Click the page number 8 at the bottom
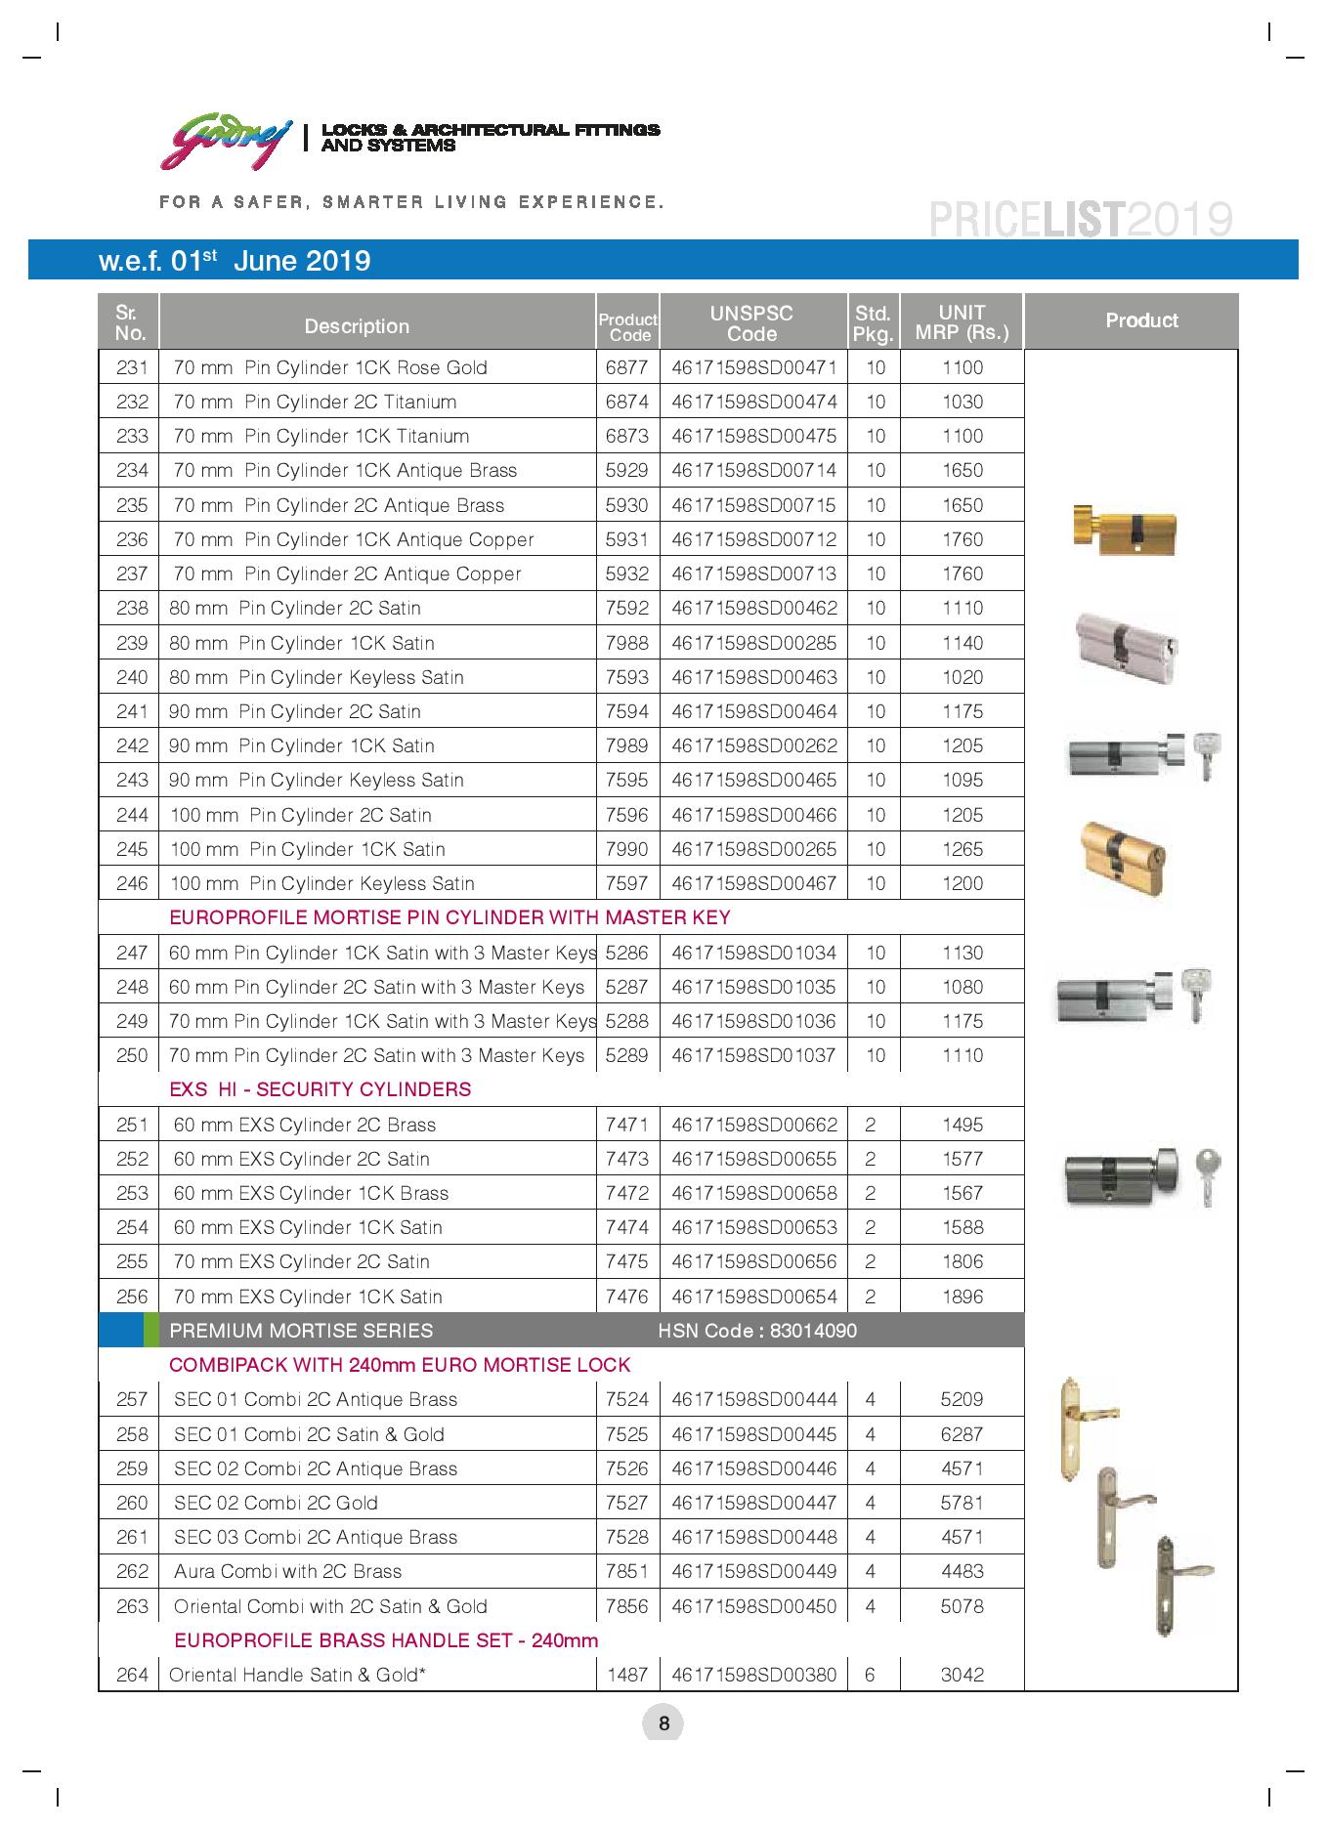663,1723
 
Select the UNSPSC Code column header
751,323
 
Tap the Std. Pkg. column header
873,323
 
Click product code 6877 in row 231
626,368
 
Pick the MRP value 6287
962,1434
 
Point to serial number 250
132,1056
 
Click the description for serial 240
317,678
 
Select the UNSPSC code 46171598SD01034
753,953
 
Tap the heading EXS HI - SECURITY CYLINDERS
321,1089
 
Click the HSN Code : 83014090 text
757,1331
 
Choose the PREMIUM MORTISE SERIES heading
301,1331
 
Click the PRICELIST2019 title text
1080,220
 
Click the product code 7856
626,1606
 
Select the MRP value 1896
962,1297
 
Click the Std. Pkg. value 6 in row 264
870,1675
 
